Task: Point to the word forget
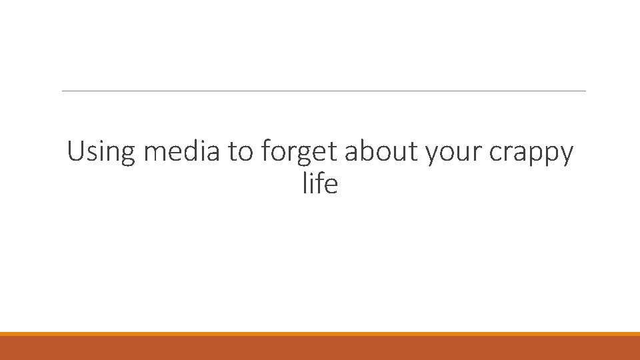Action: [301, 153]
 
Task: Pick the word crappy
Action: [531, 153]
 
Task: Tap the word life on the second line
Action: [320, 183]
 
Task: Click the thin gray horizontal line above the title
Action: [323, 91]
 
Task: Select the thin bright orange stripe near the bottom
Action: [320, 334]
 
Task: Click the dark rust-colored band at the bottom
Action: [320, 348]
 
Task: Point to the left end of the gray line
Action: [63, 91]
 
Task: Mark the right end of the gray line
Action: [584, 91]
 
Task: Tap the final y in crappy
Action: [565, 155]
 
